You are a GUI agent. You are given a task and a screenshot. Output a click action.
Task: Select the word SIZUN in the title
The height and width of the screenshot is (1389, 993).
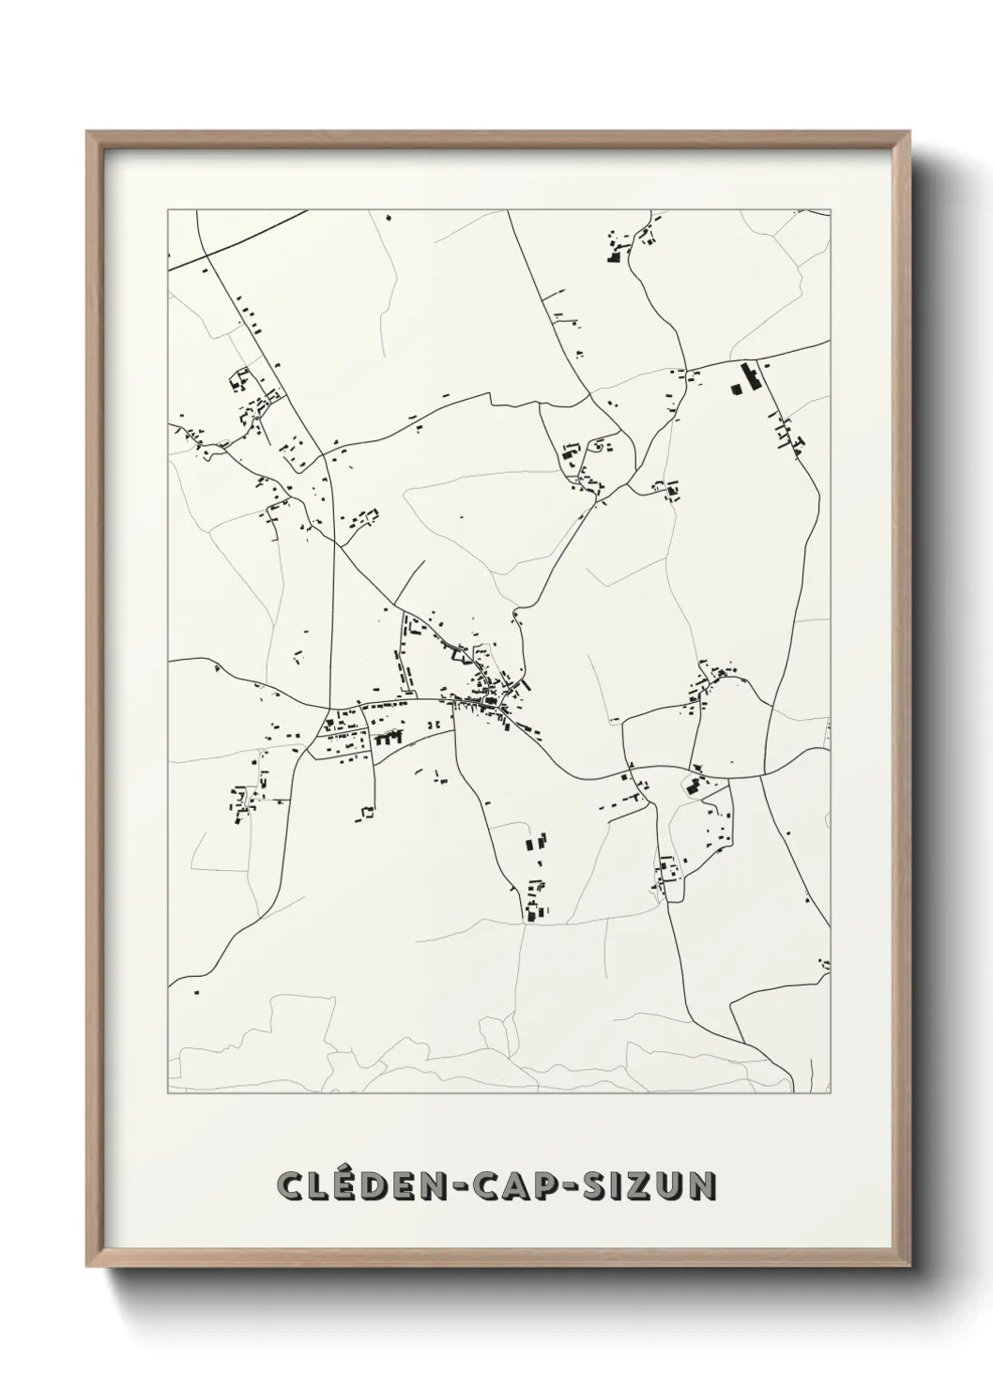point(649,1185)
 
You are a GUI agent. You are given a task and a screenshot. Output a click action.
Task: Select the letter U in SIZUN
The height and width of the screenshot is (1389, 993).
point(670,1185)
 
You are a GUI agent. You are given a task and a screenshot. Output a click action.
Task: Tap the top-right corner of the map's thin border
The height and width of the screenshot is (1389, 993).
point(831,210)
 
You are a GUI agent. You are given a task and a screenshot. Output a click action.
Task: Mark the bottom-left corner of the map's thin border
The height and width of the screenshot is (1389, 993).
point(168,1093)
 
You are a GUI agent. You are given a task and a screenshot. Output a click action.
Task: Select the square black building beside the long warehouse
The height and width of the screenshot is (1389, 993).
point(735,387)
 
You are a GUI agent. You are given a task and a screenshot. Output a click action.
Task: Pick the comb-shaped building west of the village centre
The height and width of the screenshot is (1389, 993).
point(386,739)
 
